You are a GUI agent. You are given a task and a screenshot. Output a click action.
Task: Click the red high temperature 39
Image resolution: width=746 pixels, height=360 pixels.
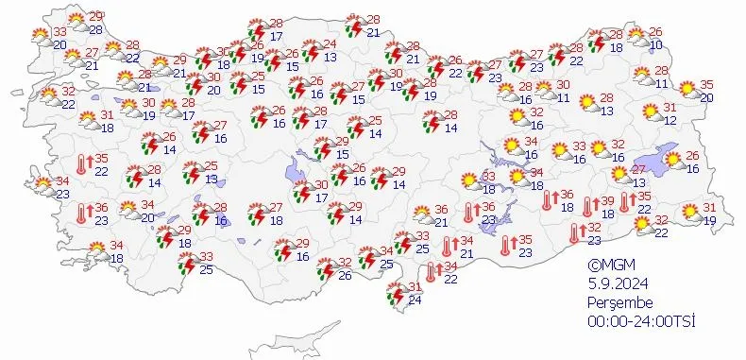607,201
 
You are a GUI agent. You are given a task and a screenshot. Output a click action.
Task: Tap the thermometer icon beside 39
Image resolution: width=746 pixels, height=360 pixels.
587,206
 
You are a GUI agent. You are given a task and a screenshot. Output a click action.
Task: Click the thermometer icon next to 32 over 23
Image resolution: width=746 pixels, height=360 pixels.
574,232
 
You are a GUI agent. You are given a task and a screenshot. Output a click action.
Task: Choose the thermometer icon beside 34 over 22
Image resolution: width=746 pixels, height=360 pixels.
431,272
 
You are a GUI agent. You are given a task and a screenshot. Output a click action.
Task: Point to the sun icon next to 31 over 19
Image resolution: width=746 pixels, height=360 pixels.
690,214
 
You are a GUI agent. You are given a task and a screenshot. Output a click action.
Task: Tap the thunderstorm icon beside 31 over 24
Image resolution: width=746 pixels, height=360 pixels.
393,299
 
